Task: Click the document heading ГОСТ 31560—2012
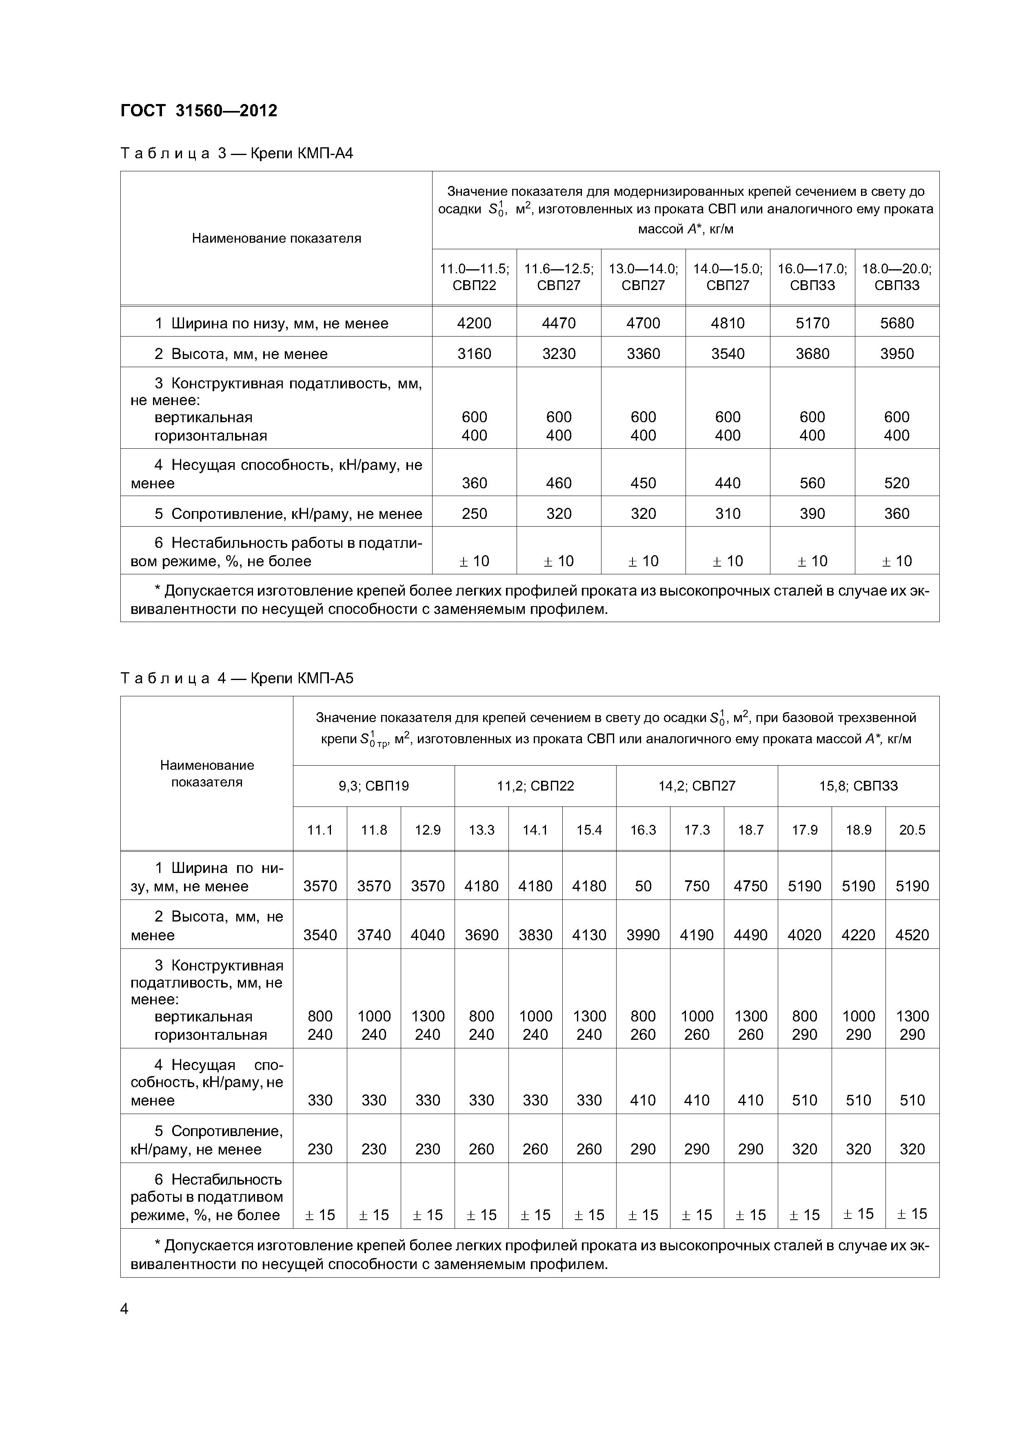[x=198, y=111]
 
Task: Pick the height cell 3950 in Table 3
[x=896, y=354]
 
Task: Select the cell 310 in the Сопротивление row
[x=727, y=514]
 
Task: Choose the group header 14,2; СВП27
[x=697, y=786]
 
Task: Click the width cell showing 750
[x=697, y=886]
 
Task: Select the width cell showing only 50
[x=643, y=886]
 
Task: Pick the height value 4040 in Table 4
[x=427, y=935]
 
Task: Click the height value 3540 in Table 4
[x=320, y=935]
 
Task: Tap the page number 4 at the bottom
[x=124, y=1309]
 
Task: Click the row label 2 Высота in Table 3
[x=241, y=354]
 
